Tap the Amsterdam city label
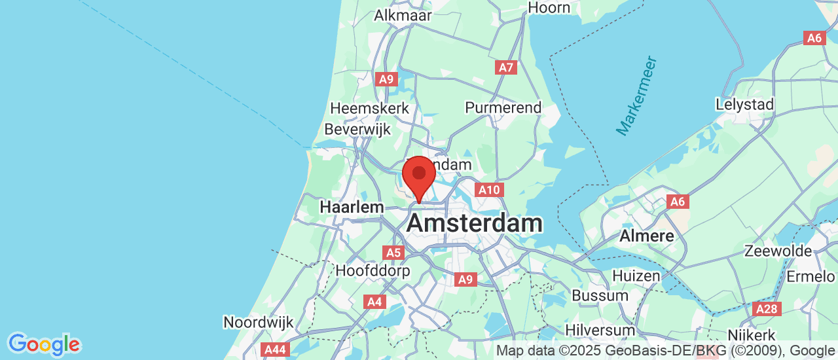(474, 223)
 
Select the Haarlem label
(352, 207)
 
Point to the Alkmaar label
(403, 15)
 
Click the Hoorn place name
(549, 7)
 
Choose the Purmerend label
(503, 107)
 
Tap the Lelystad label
(744, 104)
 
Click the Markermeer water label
(636, 96)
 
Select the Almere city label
(647, 236)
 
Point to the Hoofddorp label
(373, 270)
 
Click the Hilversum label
(600, 330)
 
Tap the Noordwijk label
(259, 322)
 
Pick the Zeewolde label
(778, 251)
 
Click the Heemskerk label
(370, 108)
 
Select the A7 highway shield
(506, 67)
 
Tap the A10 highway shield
(489, 190)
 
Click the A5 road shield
(393, 253)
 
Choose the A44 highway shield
(274, 350)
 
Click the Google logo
(44, 344)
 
